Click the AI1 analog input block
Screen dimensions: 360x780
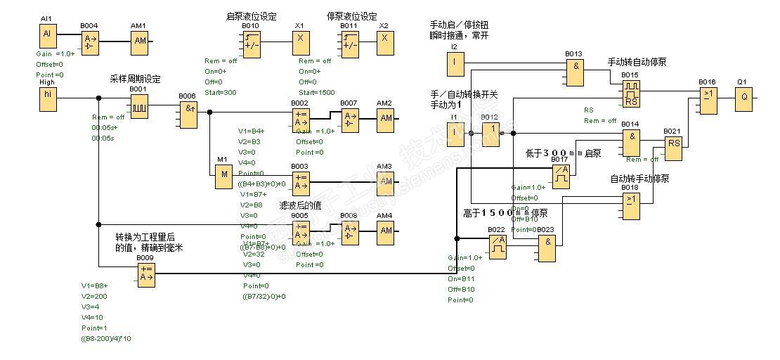[48, 35]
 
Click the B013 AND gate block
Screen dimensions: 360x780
[575, 71]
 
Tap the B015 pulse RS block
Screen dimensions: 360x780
[630, 92]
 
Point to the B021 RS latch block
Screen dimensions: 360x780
[673, 146]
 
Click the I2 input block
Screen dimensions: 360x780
[455, 64]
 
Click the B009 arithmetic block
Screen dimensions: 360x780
[146, 275]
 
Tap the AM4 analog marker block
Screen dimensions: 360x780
[385, 232]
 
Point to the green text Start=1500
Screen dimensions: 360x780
[316, 92]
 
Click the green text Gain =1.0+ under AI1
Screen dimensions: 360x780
[55, 53]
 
